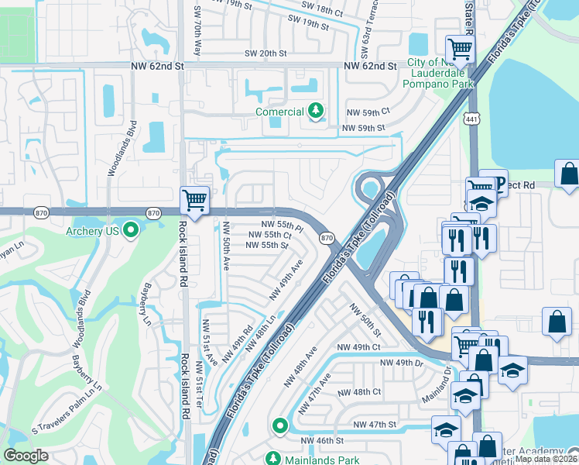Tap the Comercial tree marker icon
point(315,112)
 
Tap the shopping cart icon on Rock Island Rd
point(194,201)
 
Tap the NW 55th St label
point(267,245)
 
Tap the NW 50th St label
point(365,319)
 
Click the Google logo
point(26,456)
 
